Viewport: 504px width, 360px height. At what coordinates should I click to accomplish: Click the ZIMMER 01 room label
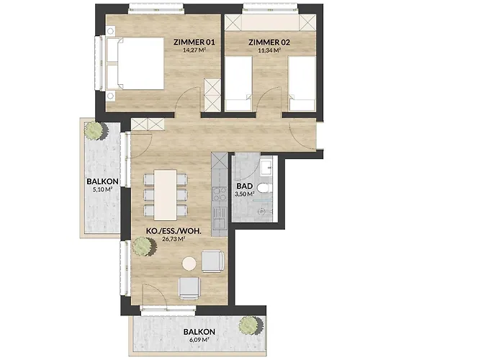194,42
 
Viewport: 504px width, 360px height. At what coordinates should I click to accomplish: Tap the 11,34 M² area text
269,50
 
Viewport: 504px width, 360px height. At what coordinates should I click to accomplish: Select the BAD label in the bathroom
245,186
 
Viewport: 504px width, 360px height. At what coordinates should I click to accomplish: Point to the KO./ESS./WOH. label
174,231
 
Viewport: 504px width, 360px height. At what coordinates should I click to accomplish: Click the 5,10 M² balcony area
102,189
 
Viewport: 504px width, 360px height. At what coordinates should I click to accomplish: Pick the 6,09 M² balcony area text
199,339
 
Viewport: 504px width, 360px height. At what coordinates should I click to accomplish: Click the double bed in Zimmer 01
134,63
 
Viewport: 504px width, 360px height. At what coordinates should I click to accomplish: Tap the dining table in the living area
165,195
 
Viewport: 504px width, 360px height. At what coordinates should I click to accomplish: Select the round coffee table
189,264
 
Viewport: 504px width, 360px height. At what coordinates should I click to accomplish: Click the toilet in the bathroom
265,188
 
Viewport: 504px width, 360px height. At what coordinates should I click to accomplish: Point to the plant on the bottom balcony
251,325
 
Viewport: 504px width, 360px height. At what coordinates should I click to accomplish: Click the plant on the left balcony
96,130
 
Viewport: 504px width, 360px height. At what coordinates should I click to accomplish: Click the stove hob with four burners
220,194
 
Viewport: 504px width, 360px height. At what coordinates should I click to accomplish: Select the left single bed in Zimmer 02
238,84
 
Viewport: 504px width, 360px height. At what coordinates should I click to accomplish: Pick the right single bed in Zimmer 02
302,84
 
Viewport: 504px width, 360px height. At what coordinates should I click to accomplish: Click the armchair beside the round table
212,261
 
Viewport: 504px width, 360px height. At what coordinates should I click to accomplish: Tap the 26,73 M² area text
174,239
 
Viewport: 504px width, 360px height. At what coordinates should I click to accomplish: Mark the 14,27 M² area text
194,50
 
